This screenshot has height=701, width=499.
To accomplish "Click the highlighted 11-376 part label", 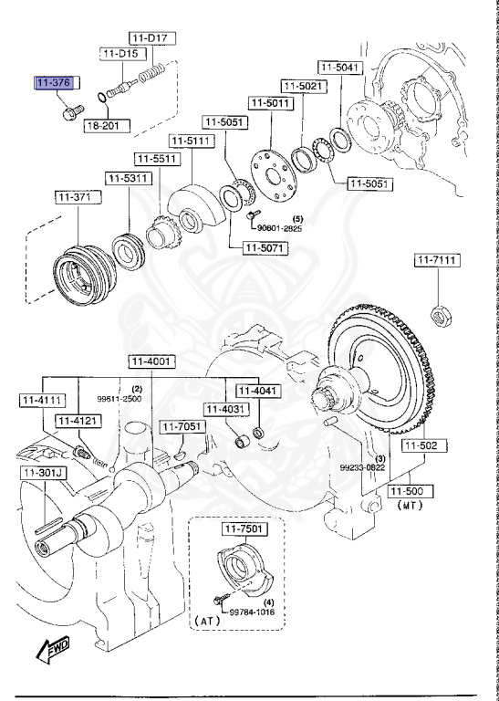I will [53, 84].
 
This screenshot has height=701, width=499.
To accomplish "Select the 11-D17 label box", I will [151, 37].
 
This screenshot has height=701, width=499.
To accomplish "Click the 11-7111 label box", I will [437, 261].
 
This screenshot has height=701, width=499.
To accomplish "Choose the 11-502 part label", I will [421, 445].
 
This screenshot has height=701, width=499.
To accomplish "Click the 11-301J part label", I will [37, 473].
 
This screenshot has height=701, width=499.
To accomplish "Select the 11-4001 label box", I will [151, 361].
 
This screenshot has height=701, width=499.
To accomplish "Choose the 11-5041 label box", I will [340, 68].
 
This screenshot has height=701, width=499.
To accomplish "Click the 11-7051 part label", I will [181, 426].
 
